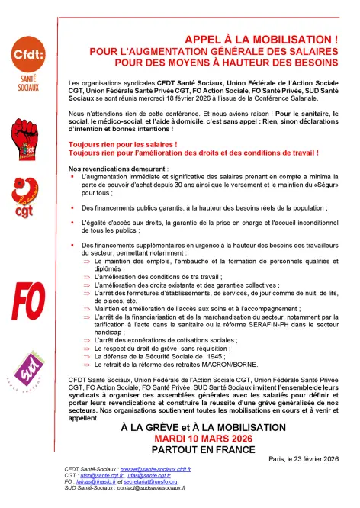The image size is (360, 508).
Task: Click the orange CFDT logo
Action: [x=28, y=62]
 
